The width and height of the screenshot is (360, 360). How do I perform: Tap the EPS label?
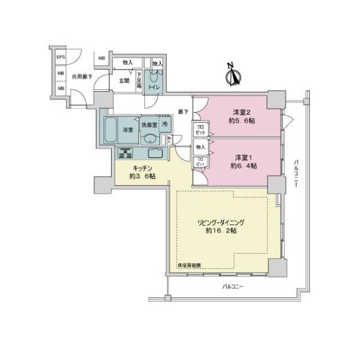[x=60, y=58]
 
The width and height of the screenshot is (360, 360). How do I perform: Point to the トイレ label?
[x=154, y=87]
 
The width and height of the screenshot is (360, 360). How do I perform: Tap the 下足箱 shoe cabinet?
[x=139, y=80]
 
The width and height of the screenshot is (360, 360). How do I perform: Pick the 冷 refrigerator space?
[x=164, y=124]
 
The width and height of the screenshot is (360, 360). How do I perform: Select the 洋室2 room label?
[x=242, y=111]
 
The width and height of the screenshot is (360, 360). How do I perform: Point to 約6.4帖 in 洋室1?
[x=242, y=166]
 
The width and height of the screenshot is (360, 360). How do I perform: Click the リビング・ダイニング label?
[x=221, y=222]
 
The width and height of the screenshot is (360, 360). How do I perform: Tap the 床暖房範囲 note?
[x=189, y=264]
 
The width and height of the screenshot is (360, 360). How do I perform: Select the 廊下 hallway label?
[x=184, y=112]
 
